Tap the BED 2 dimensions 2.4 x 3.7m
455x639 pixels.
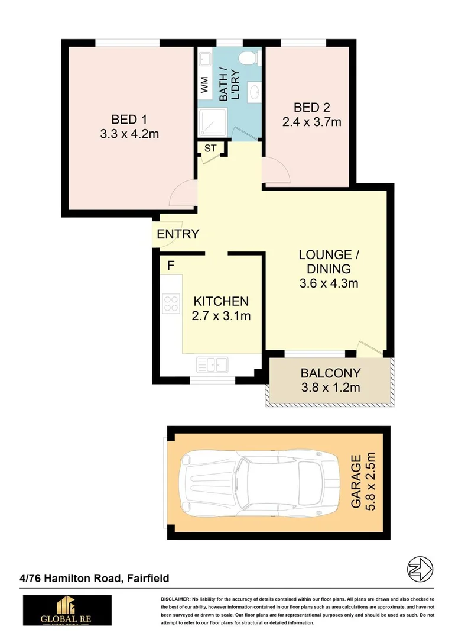tap(311, 123)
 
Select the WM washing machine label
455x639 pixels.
tap(204, 85)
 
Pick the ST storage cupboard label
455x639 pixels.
tap(211, 149)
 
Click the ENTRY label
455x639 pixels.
tap(178, 234)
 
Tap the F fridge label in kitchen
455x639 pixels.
tap(170, 265)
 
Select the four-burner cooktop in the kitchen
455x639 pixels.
tap(171, 304)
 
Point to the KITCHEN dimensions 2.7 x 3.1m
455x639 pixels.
tap(221, 316)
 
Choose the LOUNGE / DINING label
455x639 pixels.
tap(329, 262)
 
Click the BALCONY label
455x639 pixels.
tap(330, 374)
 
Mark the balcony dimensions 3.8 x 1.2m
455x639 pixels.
tap(330, 389)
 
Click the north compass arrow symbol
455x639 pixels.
tap(420, 569)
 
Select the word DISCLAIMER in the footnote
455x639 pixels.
tap(175, 599)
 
